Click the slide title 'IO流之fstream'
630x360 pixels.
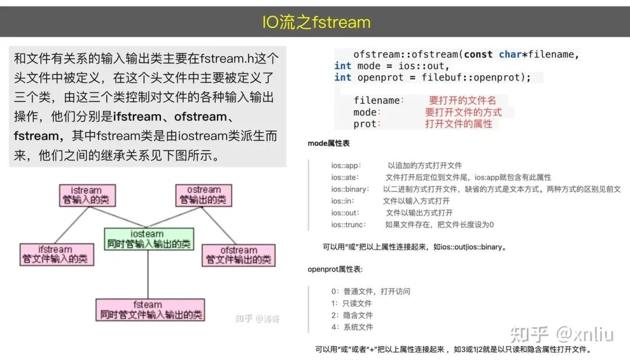point(316,22)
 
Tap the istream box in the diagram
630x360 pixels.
point(87,195)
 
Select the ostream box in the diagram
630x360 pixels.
point(204,195)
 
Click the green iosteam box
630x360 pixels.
point(148,239)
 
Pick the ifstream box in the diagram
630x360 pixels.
point(57,254)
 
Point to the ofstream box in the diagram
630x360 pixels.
point(239,255)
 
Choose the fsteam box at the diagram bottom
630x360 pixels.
point(150,310)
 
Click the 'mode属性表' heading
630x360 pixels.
point(328,143)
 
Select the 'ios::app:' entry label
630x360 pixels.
point(346,166)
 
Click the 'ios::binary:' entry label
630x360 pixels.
point(350,189)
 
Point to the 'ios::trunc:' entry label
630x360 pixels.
point(348,225)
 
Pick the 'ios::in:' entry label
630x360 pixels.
point(344,201)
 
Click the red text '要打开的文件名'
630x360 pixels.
point(462,100)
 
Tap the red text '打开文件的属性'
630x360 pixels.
point(459,124)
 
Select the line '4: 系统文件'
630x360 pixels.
point(352,327)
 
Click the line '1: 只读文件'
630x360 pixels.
point(351,303)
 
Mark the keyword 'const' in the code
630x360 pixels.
point(478,54)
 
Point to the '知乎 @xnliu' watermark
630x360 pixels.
point(562,334)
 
